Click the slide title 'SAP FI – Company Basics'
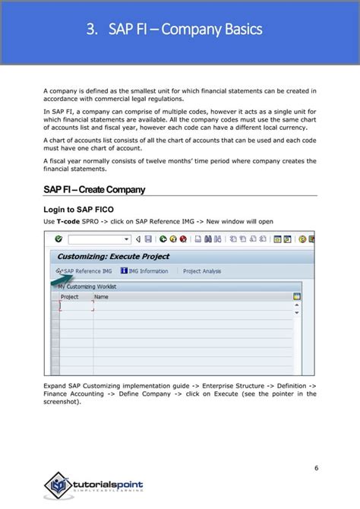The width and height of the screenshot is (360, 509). pyautogui.click(x=185, y=30)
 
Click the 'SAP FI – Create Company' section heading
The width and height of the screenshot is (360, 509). pyautogui.click(x=94, y=189)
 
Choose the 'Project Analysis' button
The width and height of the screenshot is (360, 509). pyautogui.click(x=202, y=271)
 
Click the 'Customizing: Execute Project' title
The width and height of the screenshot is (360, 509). pyautogui.click(x=113, y=257)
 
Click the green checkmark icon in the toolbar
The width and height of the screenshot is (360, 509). pyautogui.click(x=58, y=239)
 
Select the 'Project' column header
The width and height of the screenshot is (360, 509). pyautogui.click(x=69, y=297)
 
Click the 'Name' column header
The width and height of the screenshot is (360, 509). pyautogui.click(x=101, y=297)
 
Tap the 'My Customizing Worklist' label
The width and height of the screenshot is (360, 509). pyautogui.click(x=88, y=287)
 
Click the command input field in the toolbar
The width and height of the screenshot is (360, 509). pyautogui.click(x=97, y=239)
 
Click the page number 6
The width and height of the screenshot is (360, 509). pyautogui.click(x=316, y=466)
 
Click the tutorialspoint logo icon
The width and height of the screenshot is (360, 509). pyautogui.click(x=59, y=484)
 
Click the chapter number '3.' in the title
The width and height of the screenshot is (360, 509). pyautogui.click(x=93, y=30)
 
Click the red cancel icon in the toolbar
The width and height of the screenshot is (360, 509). pyautogui.click(x=184, y=239)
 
